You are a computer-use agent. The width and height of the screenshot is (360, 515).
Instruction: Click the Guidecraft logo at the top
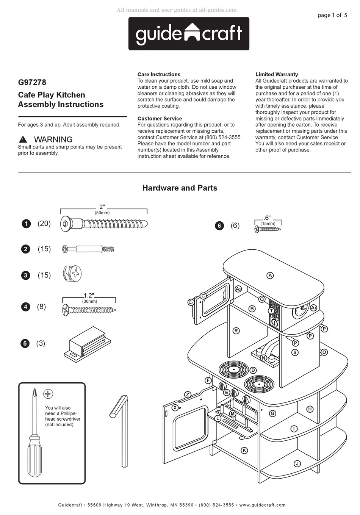click(189, 34)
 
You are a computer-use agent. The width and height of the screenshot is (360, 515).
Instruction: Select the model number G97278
click(32, 82)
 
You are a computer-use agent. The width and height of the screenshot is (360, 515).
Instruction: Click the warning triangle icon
click(23, 139)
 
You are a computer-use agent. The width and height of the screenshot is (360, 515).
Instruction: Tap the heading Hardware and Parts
click(180, 188)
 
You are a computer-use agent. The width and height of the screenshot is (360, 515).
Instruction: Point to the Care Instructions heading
click(159, 74)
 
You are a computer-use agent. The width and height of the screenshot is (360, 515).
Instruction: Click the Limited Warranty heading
click(277, 74)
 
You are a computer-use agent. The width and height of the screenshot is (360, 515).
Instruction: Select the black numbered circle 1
click(26, 224)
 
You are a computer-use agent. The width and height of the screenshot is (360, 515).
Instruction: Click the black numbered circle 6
click(219, 226)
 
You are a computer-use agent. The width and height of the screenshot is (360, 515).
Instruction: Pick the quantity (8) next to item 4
click(41, 307)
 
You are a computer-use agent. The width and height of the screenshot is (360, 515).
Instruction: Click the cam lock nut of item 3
click(72, 274)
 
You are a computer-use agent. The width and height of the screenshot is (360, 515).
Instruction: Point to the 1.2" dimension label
click(89, 296)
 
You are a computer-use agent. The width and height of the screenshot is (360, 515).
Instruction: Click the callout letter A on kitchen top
click(270, 276)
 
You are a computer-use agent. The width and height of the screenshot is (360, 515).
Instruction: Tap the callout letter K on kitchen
click(244, 450)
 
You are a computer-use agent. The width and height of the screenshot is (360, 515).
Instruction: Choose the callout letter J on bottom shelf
click(297, 464)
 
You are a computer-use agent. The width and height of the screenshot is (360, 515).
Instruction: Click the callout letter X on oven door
click(175, 408)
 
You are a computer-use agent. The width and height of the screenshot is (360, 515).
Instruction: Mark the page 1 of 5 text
click(332, 15)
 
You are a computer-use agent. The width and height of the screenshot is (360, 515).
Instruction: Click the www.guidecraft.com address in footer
click(262, 505)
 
